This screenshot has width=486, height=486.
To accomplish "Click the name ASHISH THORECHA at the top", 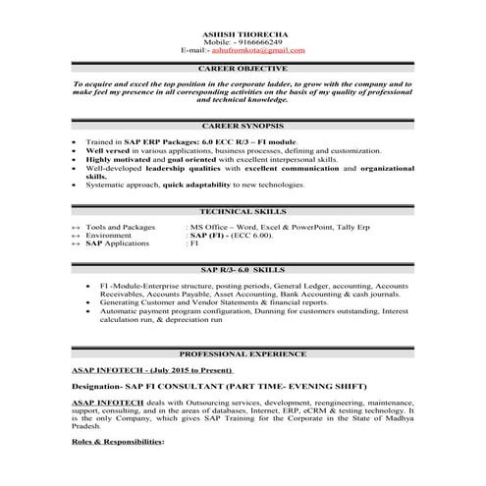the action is (x=243, y=32).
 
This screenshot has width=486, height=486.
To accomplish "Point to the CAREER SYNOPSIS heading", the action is (x=243, y=128).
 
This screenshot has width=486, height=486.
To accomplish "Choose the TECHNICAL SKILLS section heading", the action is (x=243, y=211).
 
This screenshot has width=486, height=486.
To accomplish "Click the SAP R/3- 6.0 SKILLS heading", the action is (x=243, y=268).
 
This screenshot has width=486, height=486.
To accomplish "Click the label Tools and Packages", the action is (x=120, y=227).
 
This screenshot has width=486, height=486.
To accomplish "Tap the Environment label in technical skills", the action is (x=108, y=235).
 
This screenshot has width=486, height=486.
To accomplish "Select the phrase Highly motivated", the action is (x=119, y=160).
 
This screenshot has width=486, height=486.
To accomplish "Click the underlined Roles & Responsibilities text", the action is (x=119, y=442).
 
